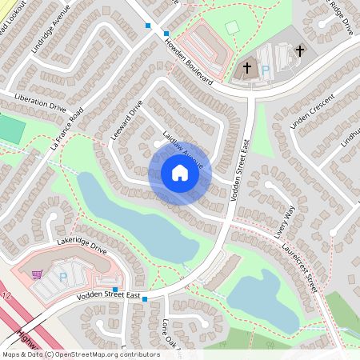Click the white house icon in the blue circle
(x=179, y=173)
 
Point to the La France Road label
(x=66, y=130)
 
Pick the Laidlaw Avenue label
(x=183, y=150)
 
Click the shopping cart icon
(x=38, y=274)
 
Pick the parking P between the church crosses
(x=266, y=70)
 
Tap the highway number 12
(x=8, y=297)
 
